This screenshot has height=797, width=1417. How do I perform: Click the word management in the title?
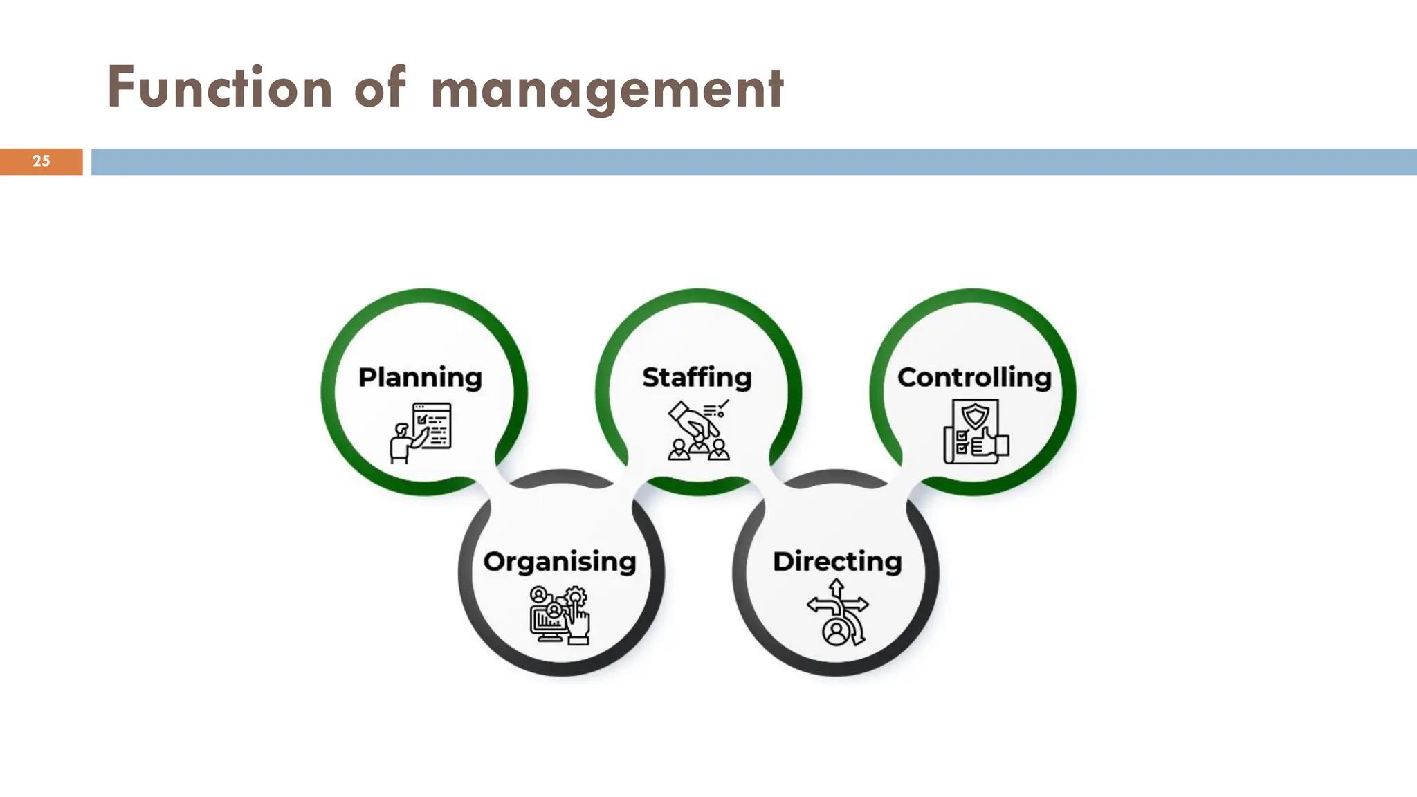coord(607,90)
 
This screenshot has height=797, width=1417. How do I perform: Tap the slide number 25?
coord(41,161)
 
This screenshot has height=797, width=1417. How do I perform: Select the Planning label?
coord(420,378)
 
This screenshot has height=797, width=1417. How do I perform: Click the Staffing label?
coord(697,378)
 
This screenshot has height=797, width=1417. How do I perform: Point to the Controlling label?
coord(974,378)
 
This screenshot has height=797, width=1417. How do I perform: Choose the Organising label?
coord(560,562)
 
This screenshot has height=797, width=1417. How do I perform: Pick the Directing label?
coord(837,562)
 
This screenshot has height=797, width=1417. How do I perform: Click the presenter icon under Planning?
coord(421,432)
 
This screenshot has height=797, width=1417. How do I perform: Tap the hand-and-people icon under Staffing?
coord(699,430)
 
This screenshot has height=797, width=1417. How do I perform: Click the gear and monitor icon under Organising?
coord(560,615)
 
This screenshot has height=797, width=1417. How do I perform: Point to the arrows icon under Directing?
coord(837,613)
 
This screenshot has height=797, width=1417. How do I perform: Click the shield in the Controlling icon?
coord(976,416)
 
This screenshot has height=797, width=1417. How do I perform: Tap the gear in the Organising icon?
coord(576,596)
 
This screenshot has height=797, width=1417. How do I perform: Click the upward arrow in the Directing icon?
coord(837,589)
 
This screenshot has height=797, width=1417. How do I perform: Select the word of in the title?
coord(379,88)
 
